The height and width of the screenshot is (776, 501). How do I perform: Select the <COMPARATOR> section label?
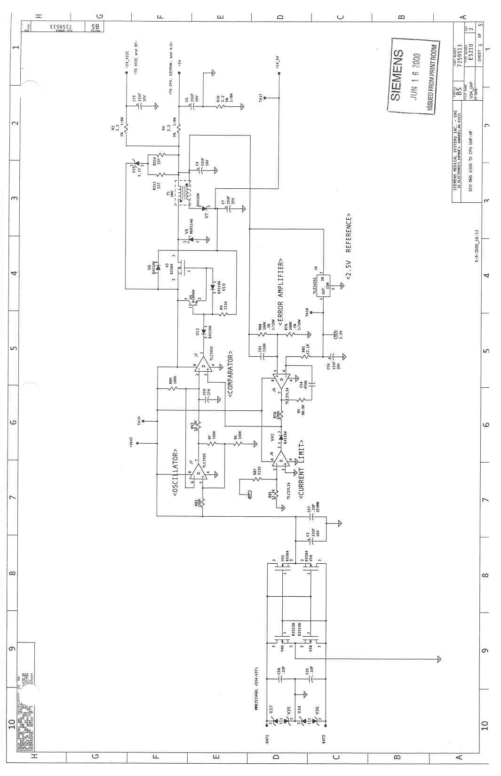[x=231, y=374]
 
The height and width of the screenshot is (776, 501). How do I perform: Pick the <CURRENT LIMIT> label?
[x=301, y=469]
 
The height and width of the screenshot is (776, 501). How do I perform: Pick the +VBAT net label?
[x=132, y=442]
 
